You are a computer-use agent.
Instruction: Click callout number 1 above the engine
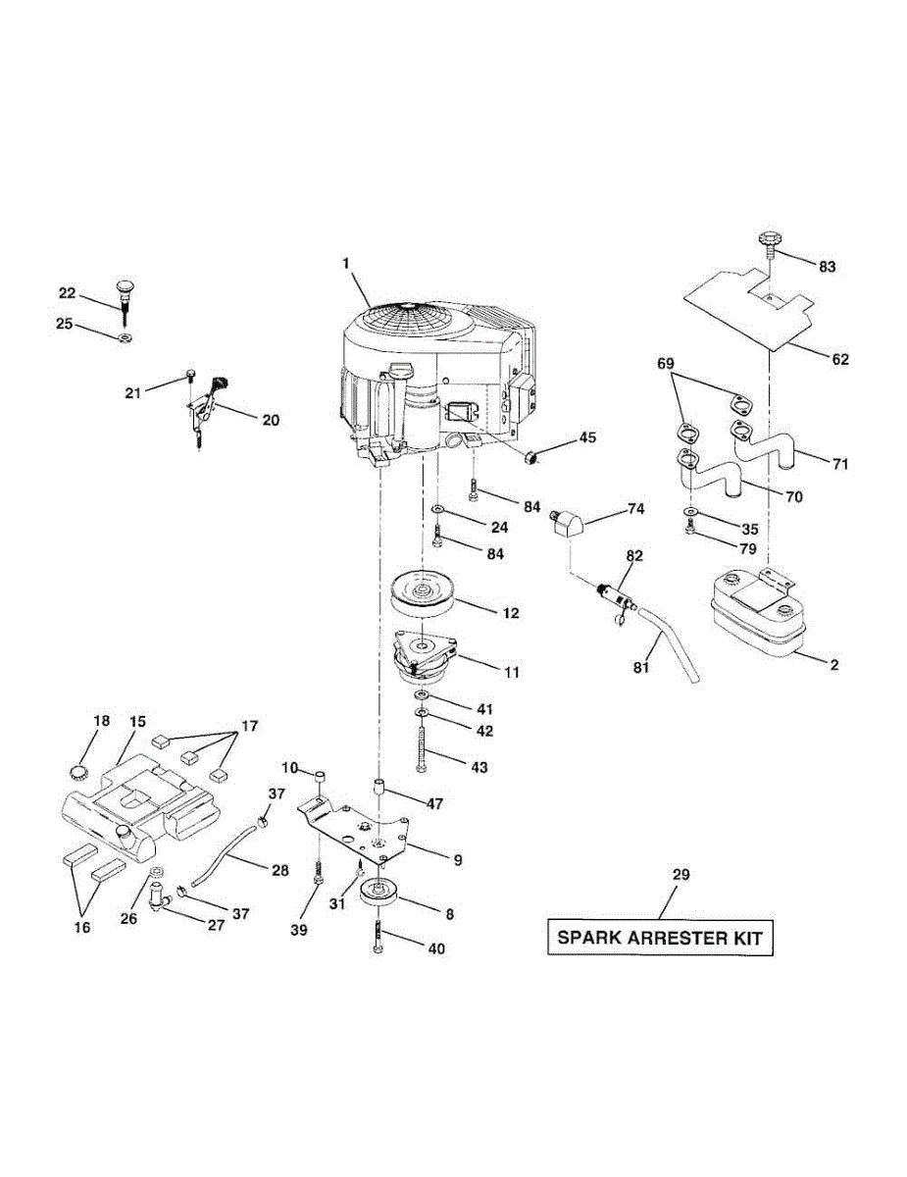[345, 264]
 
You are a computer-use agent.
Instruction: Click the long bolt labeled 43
[423, 755]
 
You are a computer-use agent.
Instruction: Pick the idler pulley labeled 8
[380, 895]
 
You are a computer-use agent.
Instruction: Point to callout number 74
[635, 509]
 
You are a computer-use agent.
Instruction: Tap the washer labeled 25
[125, 338]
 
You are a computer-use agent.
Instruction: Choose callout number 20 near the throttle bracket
[270, 420]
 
